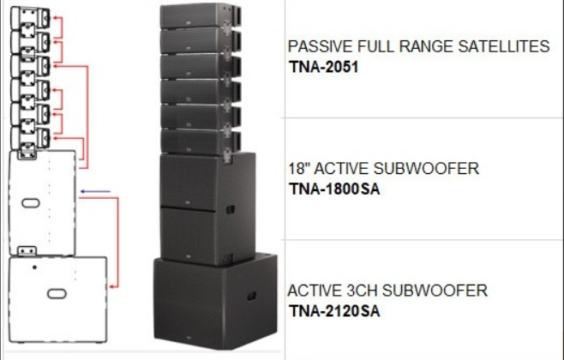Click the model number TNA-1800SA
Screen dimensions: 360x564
tap(334, 189)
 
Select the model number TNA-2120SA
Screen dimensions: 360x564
tap(333, 310)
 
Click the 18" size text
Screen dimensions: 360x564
tap(297, 169)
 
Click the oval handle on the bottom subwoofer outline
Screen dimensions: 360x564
tap(57, 293)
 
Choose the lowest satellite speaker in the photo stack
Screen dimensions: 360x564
tap(195, 141)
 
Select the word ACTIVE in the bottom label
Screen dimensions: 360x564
tap(314, 291)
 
